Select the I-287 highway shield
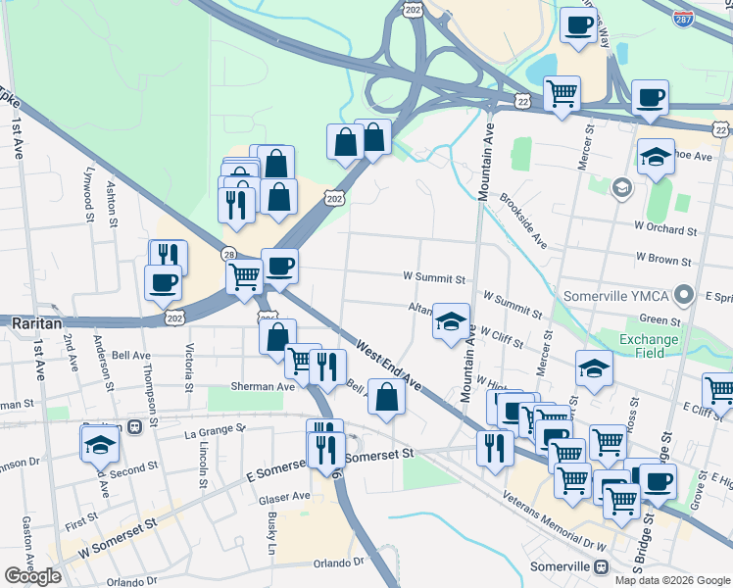tap(685, 18)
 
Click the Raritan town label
tap(36, 321)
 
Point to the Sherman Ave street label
tap(264, 386)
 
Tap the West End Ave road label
tap(389, 365)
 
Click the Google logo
tap(33, 576)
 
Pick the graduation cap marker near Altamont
tap(450, 322)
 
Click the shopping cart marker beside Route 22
tap(562, 95)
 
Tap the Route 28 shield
tap(227, 254)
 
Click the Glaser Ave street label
tap(284, 497)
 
